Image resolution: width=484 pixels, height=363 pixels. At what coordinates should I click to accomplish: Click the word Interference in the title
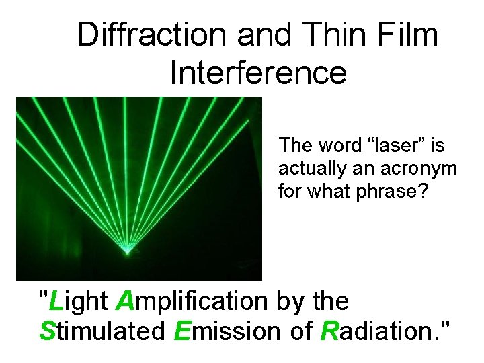pos(258,72)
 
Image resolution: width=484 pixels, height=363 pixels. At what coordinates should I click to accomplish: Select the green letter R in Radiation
pos(329,331)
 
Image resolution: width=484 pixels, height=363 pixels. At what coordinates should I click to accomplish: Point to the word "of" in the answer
pos(300,331)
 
